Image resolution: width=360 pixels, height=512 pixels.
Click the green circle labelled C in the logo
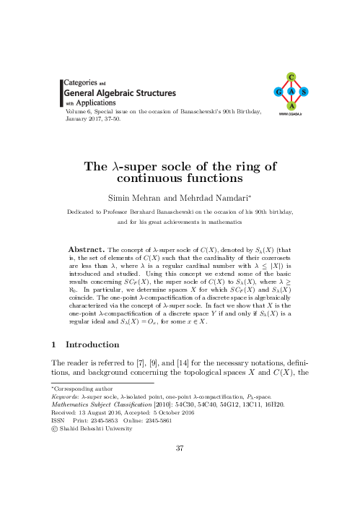[291, 76]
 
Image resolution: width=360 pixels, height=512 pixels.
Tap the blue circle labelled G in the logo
[278, 92]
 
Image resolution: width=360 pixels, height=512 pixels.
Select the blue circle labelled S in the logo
[304, 92]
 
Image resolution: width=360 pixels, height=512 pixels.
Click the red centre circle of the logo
[291, 92]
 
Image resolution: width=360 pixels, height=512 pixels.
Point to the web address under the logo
[291, 114]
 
